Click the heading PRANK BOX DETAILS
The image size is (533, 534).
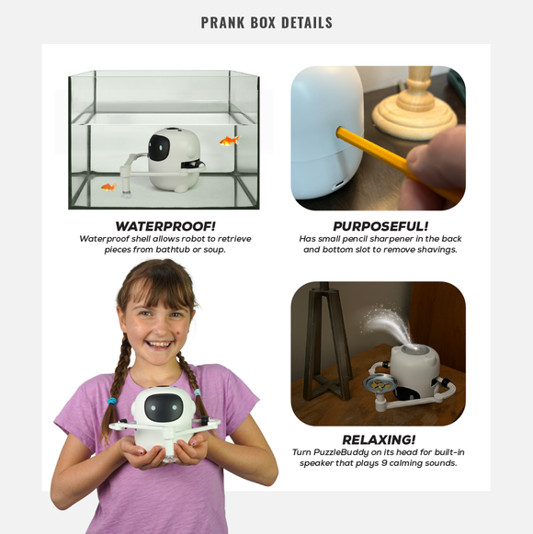pos(266,22)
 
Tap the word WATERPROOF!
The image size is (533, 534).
pos(165,226)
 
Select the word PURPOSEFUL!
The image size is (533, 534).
pos(380,226)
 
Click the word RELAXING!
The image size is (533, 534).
pos(379,439)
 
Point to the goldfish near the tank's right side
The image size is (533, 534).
pos(230,140)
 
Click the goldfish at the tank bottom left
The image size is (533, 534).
pos(109,187)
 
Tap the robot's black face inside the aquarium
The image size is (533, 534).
pos(159,148)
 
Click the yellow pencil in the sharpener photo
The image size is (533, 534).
pos(398,164)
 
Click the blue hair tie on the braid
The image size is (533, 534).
pos(112,402)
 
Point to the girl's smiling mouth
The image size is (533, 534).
pos(159,345)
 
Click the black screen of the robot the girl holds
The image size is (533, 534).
pos(164,408)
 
